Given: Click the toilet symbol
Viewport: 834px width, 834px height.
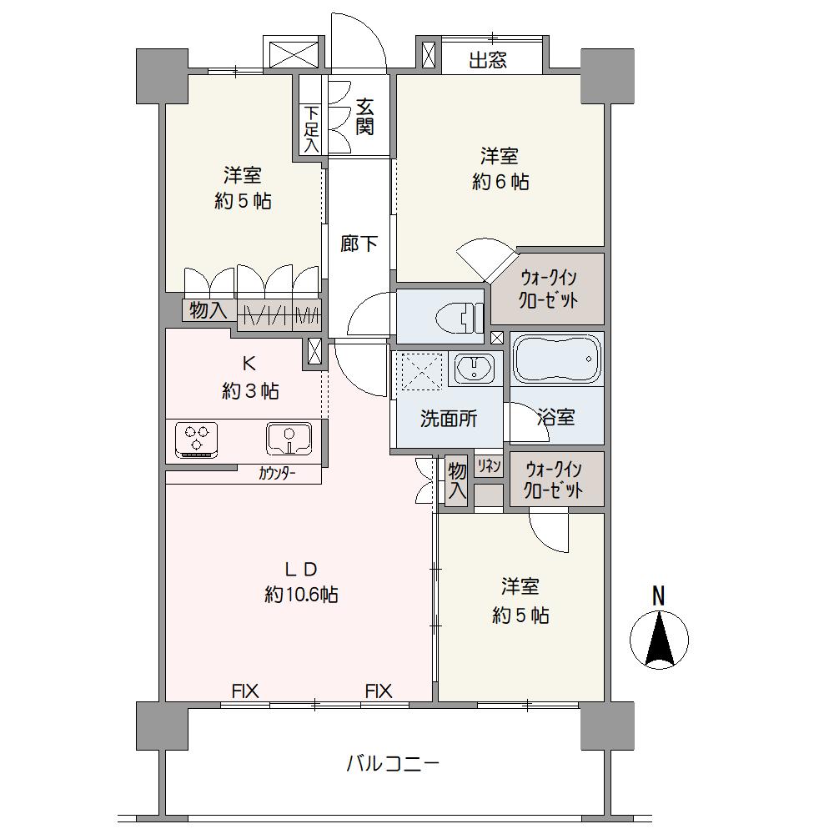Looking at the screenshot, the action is [x=459, y=318].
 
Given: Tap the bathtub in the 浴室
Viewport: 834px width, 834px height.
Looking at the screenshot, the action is [x=556, y=359].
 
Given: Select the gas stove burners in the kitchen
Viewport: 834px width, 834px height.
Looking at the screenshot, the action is [x=196, y=439].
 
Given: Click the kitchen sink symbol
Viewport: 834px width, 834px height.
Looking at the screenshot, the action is [x=289, y=439].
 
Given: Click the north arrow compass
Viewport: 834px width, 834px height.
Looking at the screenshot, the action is [x=659, y=640].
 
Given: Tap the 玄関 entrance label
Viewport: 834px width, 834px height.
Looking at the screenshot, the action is [x=364, y=117].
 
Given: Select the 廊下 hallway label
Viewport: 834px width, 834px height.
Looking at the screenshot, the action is [x=359, y=244].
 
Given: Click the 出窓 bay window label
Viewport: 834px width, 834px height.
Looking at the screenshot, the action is [x=488, y=60].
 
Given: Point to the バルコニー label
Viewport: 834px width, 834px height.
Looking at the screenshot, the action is [x=393, y=764].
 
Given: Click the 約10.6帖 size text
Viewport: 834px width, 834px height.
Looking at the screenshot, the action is [x=301, y=594].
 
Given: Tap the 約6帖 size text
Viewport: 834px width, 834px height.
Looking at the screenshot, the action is [x=500, y=182].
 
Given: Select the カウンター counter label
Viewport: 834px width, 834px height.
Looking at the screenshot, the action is [x=277, y=473].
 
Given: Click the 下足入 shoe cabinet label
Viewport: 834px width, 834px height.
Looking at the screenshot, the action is [x=311, y=130].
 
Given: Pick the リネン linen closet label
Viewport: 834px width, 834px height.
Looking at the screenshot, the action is [x=488, y=465].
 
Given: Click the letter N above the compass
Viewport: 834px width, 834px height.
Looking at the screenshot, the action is [x=659, y=595].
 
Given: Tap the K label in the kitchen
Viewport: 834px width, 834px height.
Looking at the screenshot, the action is [x=249, y=364].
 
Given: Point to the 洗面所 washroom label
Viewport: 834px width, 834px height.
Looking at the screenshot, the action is [x=449, y=420].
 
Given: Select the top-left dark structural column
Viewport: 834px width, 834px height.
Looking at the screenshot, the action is [x=163, y=76].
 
